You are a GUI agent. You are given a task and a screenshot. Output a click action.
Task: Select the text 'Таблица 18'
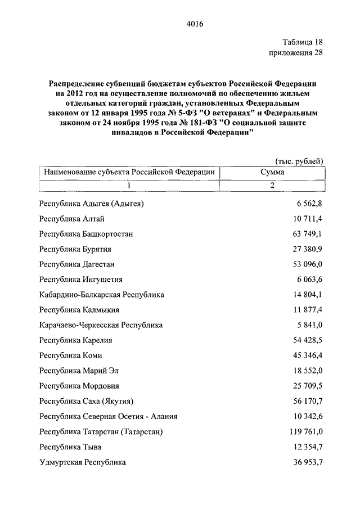[302, 42]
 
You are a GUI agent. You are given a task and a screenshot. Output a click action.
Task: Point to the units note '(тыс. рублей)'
[299, 161]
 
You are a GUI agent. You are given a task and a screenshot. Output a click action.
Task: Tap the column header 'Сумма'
[272, 172]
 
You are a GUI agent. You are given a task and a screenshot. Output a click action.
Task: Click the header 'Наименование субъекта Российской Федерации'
[129, 172]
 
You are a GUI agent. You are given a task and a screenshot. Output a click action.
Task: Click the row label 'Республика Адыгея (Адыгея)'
[92, 203]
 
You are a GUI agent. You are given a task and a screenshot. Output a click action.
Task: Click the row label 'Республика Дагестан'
[77, 264]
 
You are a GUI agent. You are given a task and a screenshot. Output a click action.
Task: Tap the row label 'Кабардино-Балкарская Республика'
[102, 294]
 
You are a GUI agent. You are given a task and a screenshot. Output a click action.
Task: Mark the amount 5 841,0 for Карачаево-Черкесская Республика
[309, 325]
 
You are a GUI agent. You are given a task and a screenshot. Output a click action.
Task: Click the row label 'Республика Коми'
[71, 355]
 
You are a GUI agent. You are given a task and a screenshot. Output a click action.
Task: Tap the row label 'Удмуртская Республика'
[83, 462]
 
